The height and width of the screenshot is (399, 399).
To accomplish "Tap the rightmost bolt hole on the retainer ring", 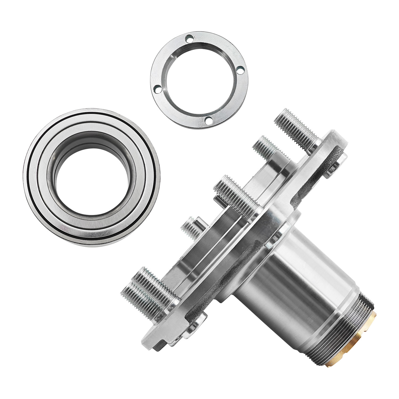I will click(240, 70).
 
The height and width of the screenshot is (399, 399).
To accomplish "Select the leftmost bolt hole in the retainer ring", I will click(157, 89).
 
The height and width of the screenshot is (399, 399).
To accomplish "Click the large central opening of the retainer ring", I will click(199, 80).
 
